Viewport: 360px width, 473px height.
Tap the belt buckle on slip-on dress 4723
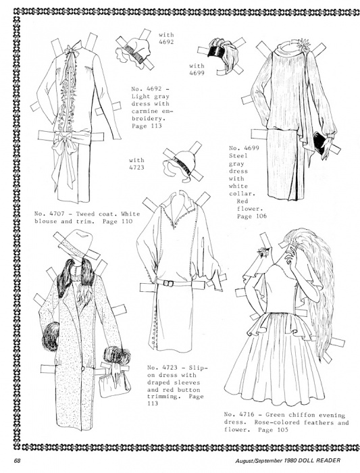(x=168, y=283)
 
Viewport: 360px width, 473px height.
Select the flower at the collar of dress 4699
(x=302, y=45)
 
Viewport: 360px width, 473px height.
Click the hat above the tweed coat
(x=75, y=244)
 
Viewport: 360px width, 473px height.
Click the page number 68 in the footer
(x=17, y=460)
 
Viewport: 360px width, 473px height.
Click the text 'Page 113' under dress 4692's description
(x=147, y=126)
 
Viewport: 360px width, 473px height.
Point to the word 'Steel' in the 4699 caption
(x=238, y=155)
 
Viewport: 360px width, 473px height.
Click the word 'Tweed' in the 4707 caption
(x=85, y=214)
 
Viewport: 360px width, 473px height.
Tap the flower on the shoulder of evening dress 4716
(x=264, y=251)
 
